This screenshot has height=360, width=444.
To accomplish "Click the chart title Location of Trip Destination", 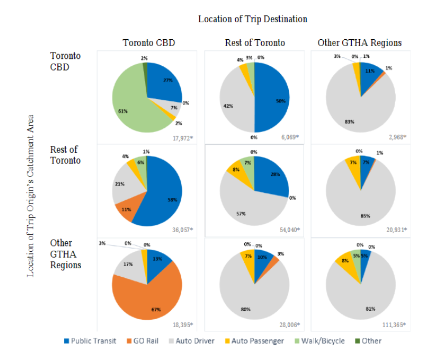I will [x=252, y=19].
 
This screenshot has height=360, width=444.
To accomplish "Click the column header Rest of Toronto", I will [x=254, y=43].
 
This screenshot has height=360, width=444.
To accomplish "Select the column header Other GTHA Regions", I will [x=359, y=43].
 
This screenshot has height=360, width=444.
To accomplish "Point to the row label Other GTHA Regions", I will [x=66, y=253].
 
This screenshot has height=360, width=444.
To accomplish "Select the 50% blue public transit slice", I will [x=273, y=98].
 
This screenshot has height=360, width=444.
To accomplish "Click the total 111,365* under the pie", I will [x=393, y=324].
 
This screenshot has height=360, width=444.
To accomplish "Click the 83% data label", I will [x=349, y=121].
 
